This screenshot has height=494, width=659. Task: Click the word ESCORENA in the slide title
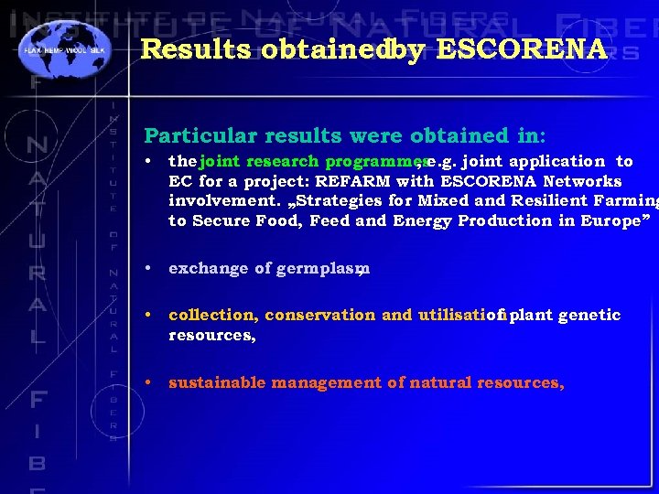click(522, 49)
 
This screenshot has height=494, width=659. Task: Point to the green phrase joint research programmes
click(314, 161)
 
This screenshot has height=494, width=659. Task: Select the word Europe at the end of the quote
click(612, 221)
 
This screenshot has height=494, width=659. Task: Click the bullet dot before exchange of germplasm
click(149, 269)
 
